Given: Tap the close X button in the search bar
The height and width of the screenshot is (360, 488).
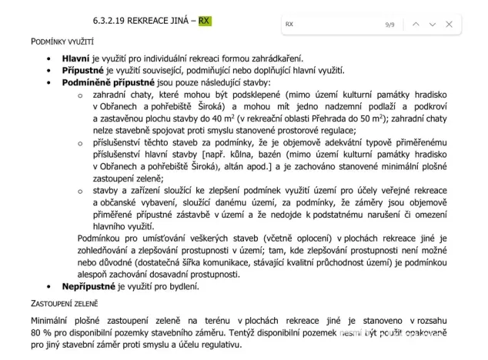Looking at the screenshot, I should pos(449,25).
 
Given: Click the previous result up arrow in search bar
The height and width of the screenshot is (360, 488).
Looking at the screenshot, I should pos(416,25).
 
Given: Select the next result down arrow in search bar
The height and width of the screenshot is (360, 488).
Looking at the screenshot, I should pos(432,25).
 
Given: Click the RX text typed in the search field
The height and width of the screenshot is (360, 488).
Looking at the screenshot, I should pos(289,25).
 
